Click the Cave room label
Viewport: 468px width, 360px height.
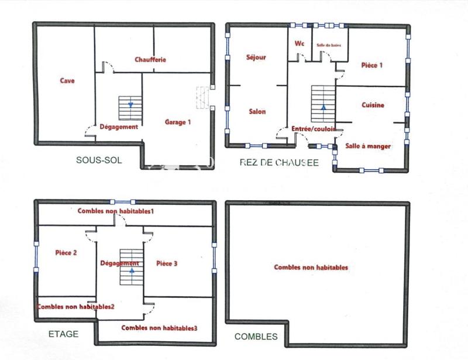click(x=67, y=81)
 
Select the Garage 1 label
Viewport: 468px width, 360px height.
click(x=178, y=122)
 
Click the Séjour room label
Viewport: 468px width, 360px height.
click(x=256, y=57)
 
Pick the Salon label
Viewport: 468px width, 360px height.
click(x=257, y=111)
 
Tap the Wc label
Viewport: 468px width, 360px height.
click(x=300, y=43)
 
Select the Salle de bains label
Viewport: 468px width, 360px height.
click(x=329, y=45)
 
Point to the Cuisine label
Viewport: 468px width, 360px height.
click(x=373, y=105)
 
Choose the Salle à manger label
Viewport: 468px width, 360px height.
click(x=368, y=146)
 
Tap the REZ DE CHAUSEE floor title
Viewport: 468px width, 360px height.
click(x=280, y=162)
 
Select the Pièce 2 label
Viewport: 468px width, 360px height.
click(x=67, y=253)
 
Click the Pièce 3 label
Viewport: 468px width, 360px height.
click(x=167, y=263)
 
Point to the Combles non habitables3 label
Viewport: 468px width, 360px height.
click(x=159, y=328)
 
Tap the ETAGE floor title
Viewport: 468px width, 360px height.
click(x=61, y=334)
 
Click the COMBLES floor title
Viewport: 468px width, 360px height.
click(x=256, y=337)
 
